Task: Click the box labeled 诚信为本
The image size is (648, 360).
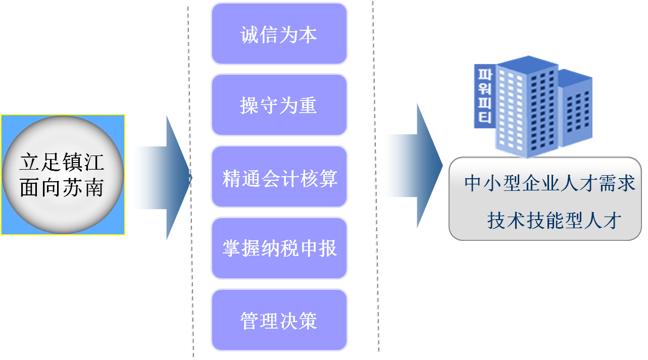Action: pyautogui.click(x=279, y=34)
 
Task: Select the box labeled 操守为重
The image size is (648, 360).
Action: pyautogui.click(x=279, y=105)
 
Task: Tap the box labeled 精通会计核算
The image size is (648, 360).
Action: pyautogui.click(x=279, y=177)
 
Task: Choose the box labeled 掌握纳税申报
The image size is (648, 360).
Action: pyautogui.click(x=279, y=248)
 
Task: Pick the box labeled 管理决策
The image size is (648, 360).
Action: pyautogui.click(x=279, y=320)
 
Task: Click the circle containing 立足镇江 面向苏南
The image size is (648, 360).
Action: pyautogui.click(x=63, y=175)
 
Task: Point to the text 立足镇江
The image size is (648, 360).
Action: pyautogui.click(x=62, y=163)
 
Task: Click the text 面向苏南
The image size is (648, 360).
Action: pyautogui.click(x=62, y=188)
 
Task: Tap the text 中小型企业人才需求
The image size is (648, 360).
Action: pyautogui.click(x=550, y=183)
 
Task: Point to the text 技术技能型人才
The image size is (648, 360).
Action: pyautogui.click(x=554, y=221)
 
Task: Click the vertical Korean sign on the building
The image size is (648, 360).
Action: pyautogui.click(x=483, y=96)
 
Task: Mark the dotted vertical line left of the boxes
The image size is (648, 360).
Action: pyautogui.click(x=190, y=182)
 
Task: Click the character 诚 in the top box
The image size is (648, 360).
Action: pyautogui.click(x=250, y=34)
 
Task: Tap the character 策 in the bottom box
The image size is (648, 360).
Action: pyautogui.click(x=308, y=320)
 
